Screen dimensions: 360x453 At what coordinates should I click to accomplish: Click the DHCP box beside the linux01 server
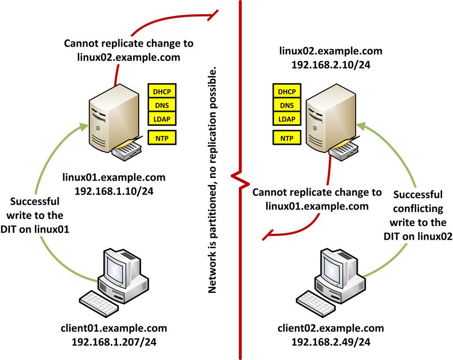coord(162,91)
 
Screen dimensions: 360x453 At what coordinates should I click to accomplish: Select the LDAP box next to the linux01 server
coord(162,118)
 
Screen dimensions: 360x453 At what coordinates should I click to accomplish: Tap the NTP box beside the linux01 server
coord(162,138)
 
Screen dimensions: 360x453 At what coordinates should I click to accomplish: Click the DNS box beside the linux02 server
coord(286,105)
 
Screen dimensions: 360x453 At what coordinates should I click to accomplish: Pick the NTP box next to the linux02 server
coord(286,138)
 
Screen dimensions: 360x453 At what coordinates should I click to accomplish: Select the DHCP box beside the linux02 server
coord(286,91)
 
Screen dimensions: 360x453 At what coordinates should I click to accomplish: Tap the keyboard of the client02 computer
coord(313,301)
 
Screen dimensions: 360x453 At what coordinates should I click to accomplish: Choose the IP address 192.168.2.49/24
coord(330,341)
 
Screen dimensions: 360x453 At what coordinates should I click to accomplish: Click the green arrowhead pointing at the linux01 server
coord(84,126)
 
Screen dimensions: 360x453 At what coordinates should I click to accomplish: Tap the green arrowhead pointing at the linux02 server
coord(361,126)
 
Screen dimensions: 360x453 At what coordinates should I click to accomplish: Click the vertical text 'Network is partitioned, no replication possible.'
coord(213,179)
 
